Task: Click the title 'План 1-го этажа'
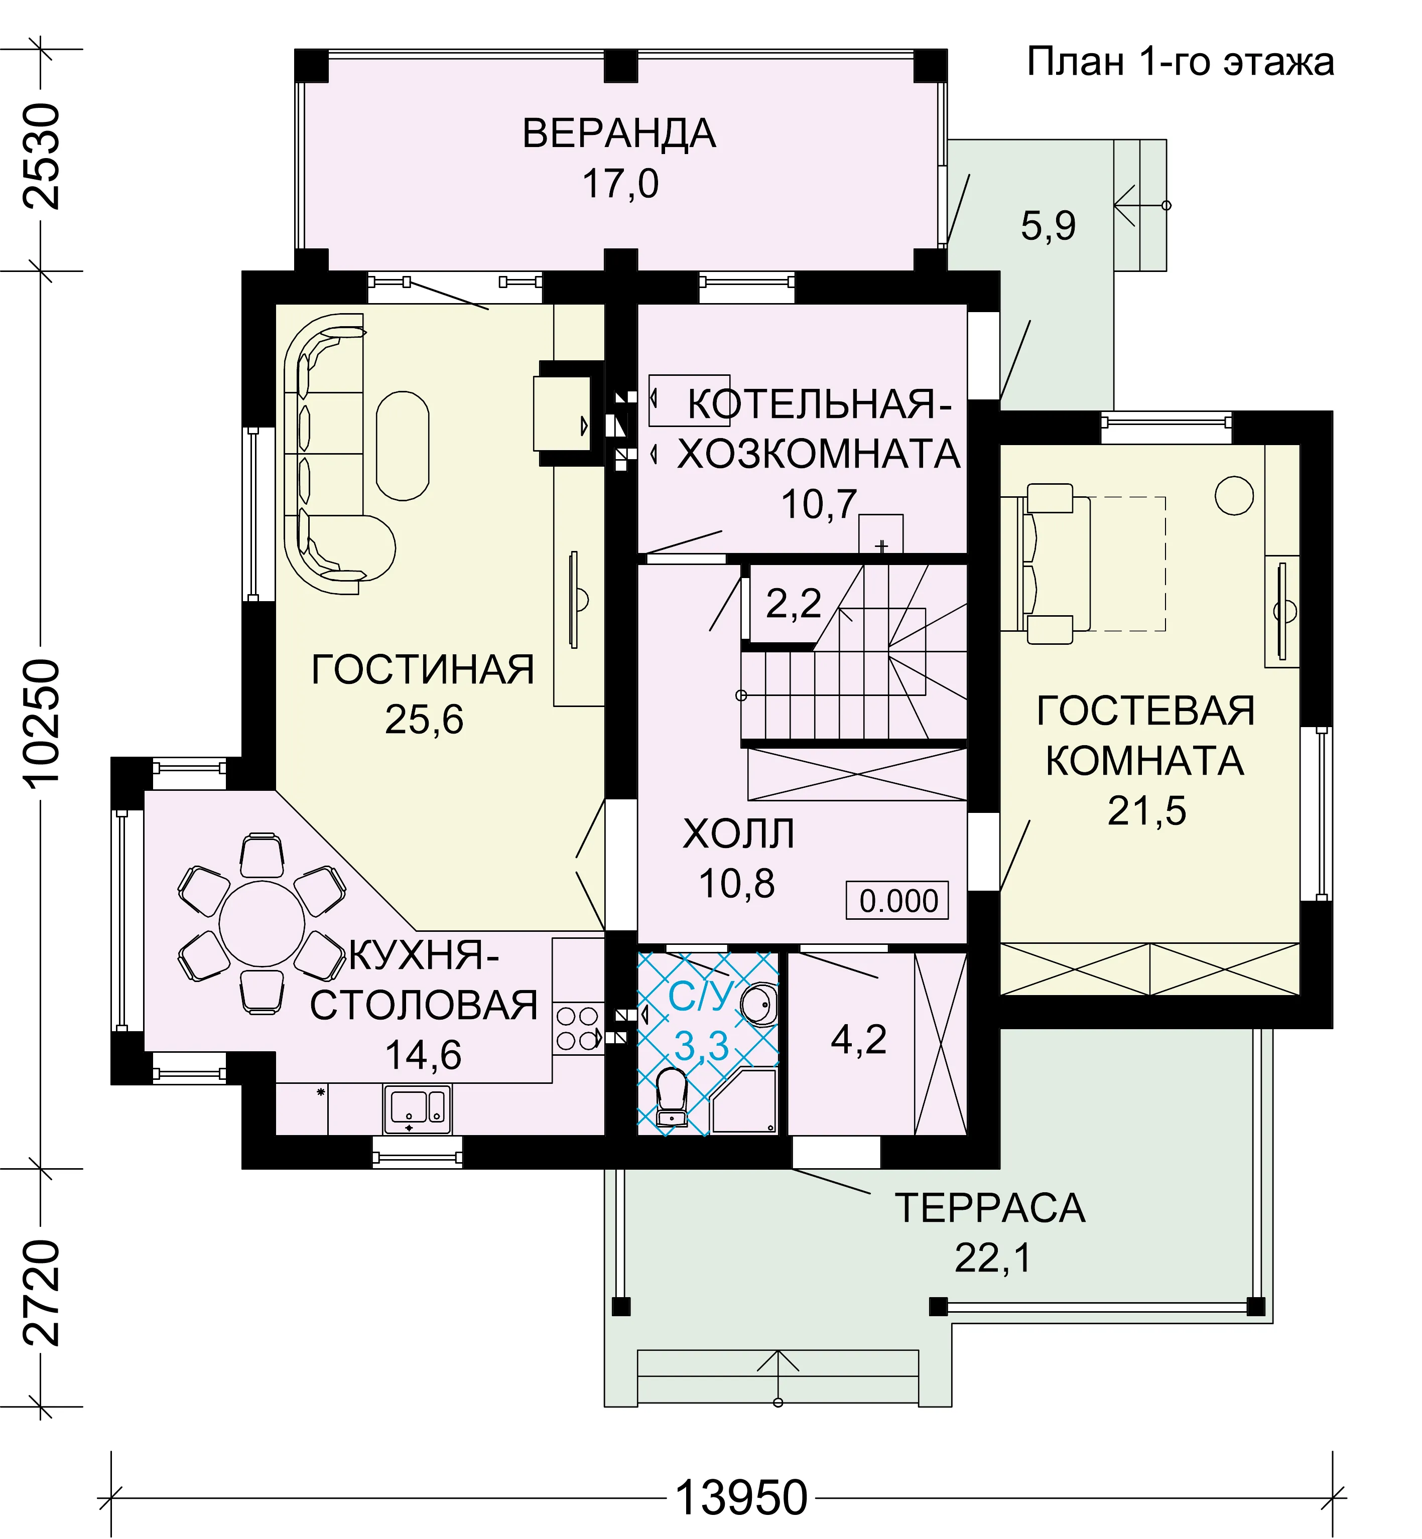pos(1181,62)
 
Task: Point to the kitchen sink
pos(417,1109)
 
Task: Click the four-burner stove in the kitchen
pos(578,1029)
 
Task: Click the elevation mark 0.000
pos(898,901)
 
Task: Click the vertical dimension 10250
pos(42,722)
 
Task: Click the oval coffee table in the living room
pos(403,446)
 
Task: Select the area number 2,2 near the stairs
pos(794,603)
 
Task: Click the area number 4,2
pos(859,1040)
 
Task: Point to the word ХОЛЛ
pos(739,833)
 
